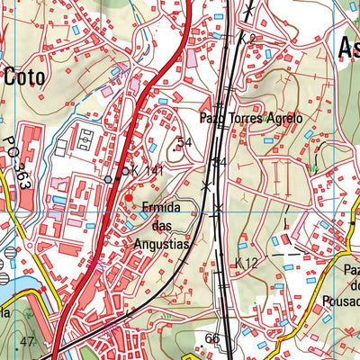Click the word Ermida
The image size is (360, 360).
tap(162, 208)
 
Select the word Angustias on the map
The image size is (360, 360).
tap(161, 244)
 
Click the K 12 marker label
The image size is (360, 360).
tap(246, 262)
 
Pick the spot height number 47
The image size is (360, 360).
tap(27, 341)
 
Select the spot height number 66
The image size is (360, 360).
tap(212, 338)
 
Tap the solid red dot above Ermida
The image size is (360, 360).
tap(129, 197)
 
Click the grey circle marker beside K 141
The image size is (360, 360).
tap(108, 180)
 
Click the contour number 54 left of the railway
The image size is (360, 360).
tap(185, 142)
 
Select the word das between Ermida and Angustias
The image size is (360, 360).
tap(162, 226)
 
